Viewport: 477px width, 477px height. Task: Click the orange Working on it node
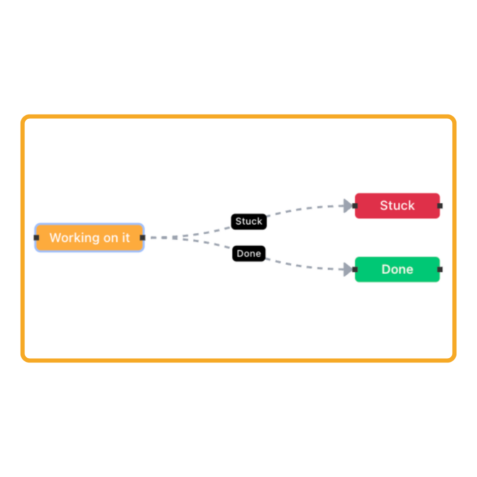(90, 238)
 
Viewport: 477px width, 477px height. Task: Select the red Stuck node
(397, 206)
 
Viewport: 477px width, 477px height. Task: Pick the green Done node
(397, 270)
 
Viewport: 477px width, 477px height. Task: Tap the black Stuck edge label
(249, 221)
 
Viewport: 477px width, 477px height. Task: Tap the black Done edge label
(249, 253)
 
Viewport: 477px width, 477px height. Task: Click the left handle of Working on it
(37, 238)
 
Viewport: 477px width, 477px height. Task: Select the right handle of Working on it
(143, 238)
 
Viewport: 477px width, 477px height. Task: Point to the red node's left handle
(355, 206)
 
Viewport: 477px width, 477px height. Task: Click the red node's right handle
(440, 206)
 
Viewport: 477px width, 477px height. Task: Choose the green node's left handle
(355, 270)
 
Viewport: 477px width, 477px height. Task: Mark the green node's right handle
(440, 270)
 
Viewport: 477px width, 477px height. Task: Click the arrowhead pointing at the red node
(347, 206)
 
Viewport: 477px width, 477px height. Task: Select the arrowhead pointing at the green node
(347, 270)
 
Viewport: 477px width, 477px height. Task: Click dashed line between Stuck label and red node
(305, 208)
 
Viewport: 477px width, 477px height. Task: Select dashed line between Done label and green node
(305, 267)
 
